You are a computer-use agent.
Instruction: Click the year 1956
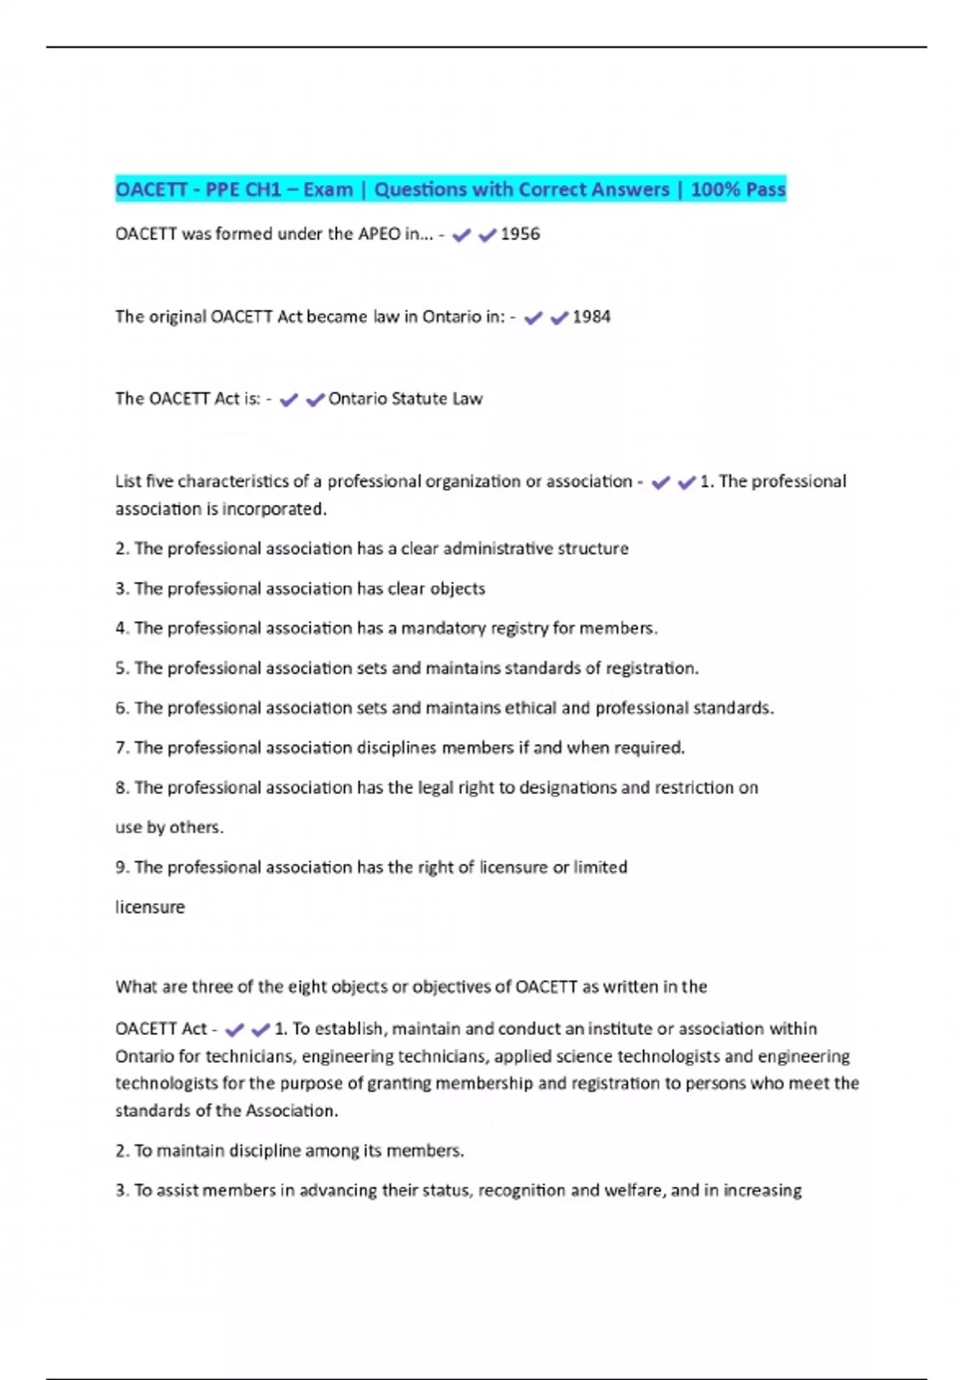pos(520,234)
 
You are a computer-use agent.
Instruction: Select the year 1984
pos(592,317)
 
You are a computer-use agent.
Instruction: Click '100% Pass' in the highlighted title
pos(738,189)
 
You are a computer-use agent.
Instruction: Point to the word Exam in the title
pos(328,189)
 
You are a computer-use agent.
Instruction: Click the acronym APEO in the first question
pos(379,234)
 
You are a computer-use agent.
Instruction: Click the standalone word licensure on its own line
pos(150,907)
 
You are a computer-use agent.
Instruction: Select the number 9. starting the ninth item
pos(123,867)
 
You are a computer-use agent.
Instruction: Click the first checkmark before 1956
pos(461,235)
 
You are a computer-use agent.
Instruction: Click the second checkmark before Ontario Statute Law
pos(315,399)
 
